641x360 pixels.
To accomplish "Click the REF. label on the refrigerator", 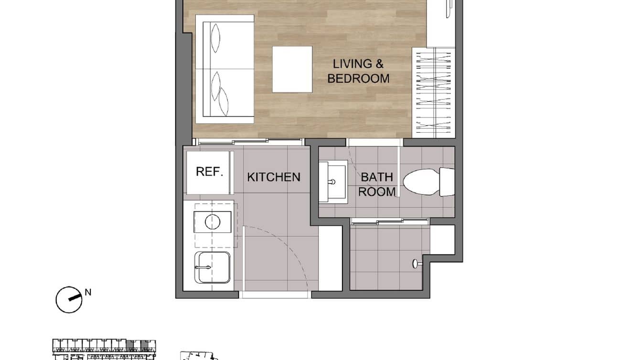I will click(210, 172).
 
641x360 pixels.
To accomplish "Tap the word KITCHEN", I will click(274, 177).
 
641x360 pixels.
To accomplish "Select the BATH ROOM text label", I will click(377, 184).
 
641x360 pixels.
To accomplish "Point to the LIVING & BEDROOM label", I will click(358, 71).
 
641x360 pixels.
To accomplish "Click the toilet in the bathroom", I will click(421, 182).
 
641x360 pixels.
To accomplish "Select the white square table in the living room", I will click(292, 69).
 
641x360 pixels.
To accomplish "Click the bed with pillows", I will click(225, 69).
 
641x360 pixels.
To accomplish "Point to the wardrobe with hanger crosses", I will click(433, 91).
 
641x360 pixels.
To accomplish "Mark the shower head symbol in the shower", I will click(416, 262).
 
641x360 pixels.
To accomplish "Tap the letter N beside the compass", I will click(88, 292).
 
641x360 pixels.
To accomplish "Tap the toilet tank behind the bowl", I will click(447, 182).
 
